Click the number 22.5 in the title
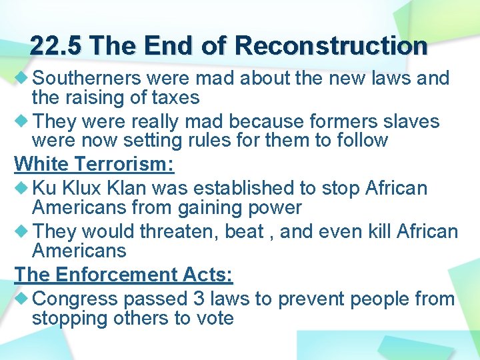pos(57,46)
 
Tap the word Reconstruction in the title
pos(331,46)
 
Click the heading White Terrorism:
pos(94,163)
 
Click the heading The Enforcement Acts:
pos(123,274)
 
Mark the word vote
pos(213,318)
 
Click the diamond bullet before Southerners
pos(21,78)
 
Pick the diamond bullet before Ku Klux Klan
pos(21,188)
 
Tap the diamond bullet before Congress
pos(21,299)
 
